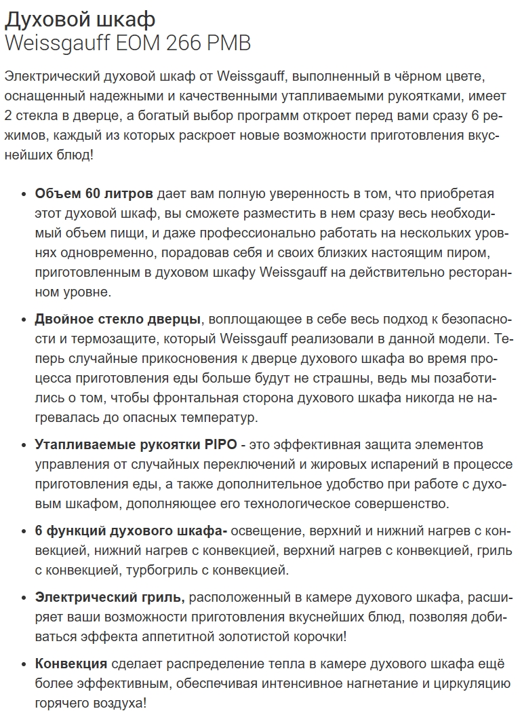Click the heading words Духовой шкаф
click(79, 18)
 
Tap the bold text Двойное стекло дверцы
click(117, 319)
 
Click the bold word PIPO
click(218, 444)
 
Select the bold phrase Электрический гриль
click(110, 597)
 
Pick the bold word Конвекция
click(71, 664)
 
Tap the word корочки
click(313, 637)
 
